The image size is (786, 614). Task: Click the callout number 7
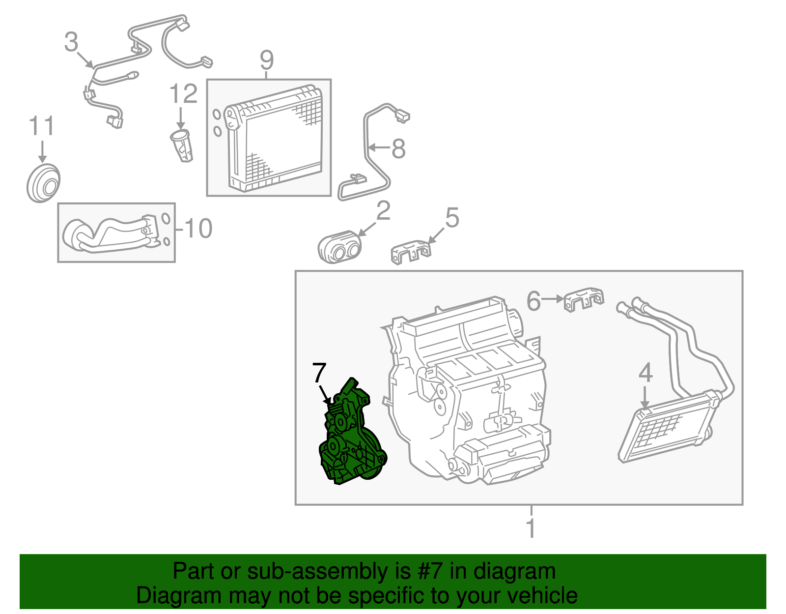pos(319,373)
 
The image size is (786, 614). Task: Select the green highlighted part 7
pos(350,438)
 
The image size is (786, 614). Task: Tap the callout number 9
pos(267,61)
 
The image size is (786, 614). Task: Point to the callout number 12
pos(183,94)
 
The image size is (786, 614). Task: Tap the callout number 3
pos(71,42)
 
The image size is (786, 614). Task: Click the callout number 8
pos(398,148)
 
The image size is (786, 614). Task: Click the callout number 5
pos(452,218)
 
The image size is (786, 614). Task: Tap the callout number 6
pos(533,301)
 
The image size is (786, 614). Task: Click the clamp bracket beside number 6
pos(583,299)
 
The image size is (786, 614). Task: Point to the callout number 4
pos(646,373)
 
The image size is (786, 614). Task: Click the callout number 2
pos(383,211)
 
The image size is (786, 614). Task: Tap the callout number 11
pos(42,126)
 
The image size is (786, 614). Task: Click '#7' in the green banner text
pos(430,572)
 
